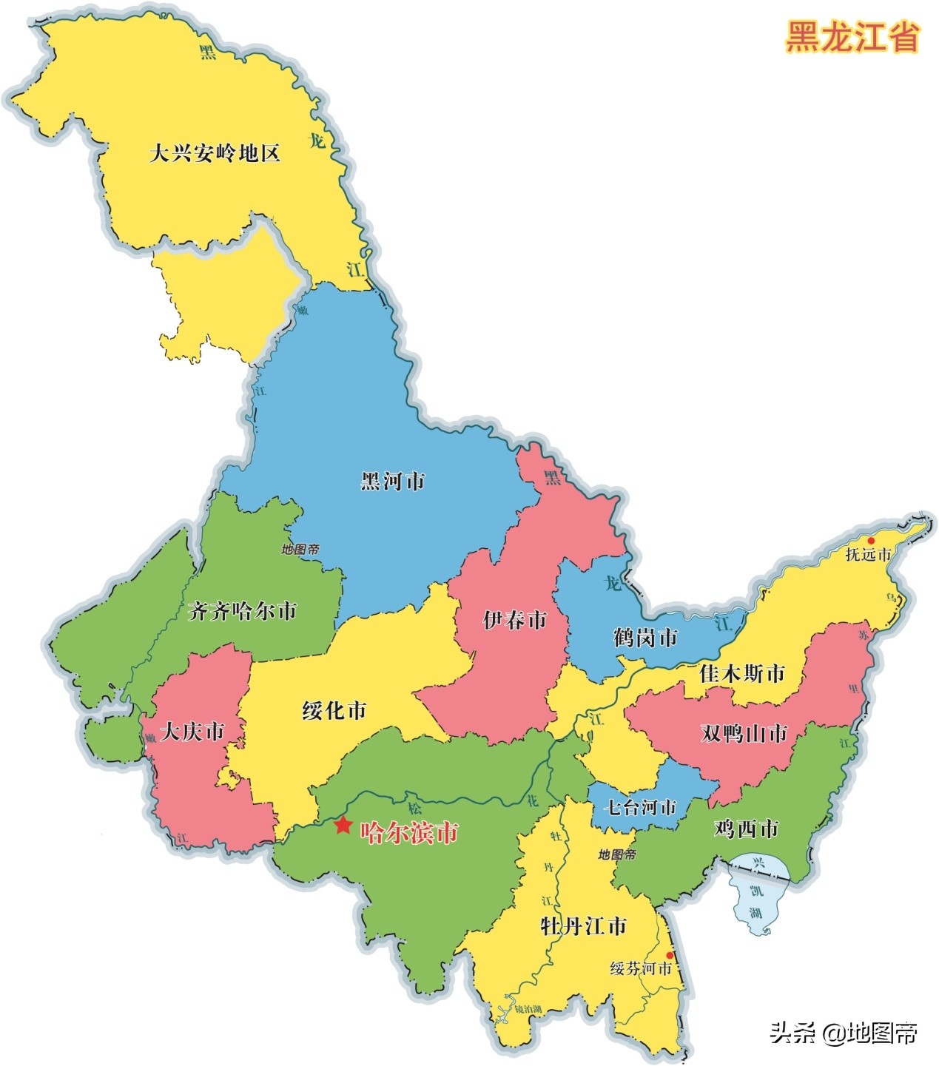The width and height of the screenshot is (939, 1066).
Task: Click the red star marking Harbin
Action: point(343,825)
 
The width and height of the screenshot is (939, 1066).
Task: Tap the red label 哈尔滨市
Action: point(409,833)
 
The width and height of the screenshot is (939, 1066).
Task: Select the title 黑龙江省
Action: point(852,36)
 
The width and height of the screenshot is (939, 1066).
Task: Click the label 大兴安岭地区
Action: point(215,154)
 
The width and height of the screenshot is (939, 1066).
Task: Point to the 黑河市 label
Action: point(393,482)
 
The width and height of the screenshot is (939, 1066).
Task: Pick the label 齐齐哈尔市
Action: point(242,611)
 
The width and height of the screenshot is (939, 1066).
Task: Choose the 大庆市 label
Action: point(192,732)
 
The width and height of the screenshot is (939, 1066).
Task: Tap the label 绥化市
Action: point(334,711)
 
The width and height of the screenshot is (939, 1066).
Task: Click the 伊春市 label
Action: point(515,620)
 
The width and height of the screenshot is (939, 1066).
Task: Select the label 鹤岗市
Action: point(645,637)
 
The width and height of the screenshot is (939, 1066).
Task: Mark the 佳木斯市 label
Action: point(741,674)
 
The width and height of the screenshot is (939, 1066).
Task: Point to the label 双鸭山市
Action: point(744,733)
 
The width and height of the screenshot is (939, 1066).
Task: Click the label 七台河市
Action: point(640,807)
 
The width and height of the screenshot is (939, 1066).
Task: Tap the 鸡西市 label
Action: point(747,829)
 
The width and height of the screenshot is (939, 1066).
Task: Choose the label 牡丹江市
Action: point(584,925)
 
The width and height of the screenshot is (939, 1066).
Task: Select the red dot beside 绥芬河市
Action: point(670,956)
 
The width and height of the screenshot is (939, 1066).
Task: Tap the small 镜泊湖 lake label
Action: point(528,1009)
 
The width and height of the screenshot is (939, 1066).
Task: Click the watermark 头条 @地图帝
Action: point(844,1031)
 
